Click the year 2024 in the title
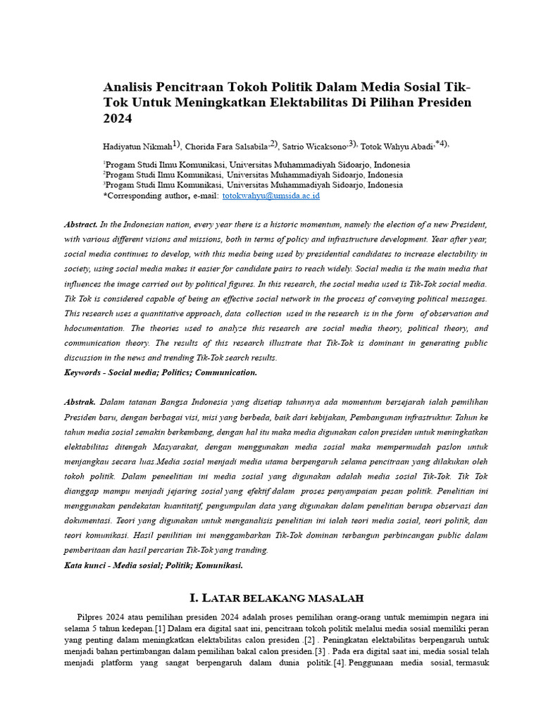118,119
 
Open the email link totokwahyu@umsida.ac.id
270,196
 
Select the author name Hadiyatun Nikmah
137,146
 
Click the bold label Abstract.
80,225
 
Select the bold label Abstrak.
80,402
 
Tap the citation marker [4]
339,663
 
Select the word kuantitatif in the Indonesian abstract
204,506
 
